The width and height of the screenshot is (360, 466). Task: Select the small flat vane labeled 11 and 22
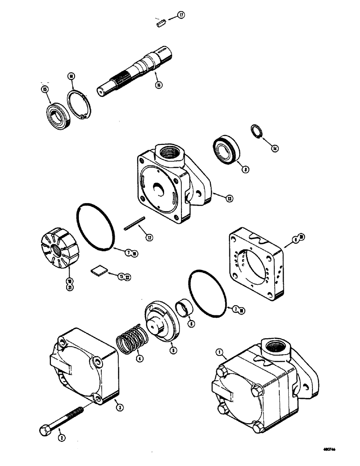click(97, 270)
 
